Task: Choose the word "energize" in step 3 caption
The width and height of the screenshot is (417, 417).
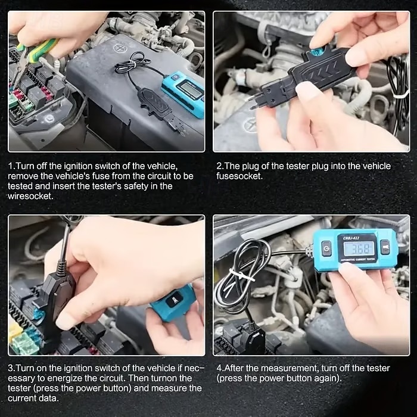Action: coord(93,378)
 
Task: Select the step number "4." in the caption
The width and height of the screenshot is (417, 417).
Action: coord(219,368)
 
